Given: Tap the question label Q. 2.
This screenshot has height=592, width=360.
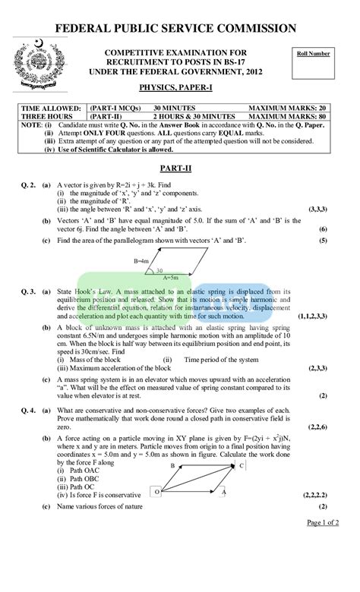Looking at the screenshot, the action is tap(27, 184).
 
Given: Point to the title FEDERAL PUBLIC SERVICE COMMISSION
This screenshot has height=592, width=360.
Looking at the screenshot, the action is tap(179, 30).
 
